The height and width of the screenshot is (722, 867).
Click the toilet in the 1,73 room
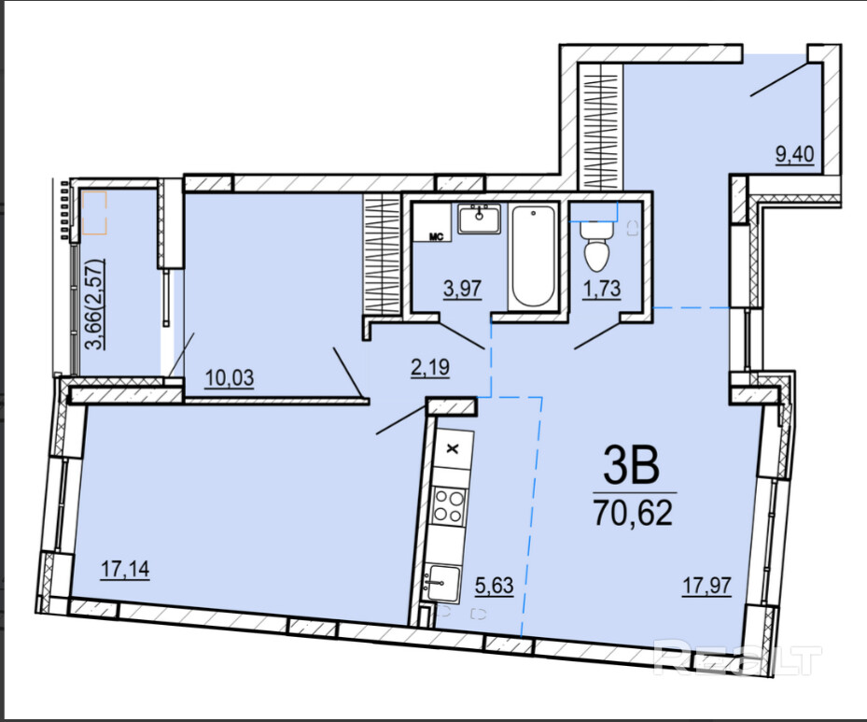pos(596,247)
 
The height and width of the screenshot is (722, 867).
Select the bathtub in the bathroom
pos(534,255)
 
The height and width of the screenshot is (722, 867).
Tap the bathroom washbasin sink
pos(480,219)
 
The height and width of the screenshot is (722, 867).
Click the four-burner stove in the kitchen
pos(448,506)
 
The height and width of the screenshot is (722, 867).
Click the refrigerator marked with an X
pos(453,448)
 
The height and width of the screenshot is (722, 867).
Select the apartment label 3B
pos(632,465)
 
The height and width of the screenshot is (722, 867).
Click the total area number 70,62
pos(633,513)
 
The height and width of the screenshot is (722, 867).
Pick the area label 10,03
pos(230,377)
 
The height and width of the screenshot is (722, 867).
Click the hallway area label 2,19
pos(430,367)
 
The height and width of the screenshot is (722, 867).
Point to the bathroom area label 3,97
pos(462,289)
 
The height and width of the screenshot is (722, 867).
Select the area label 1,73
pos(602,289)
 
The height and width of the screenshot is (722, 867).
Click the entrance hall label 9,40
pos(794,154)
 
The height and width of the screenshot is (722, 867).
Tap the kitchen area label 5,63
pos(495,585)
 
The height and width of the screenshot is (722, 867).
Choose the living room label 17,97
pos(706,585)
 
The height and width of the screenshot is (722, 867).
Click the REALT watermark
pos(737,658)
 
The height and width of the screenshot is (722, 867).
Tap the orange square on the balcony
pos(94,212)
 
